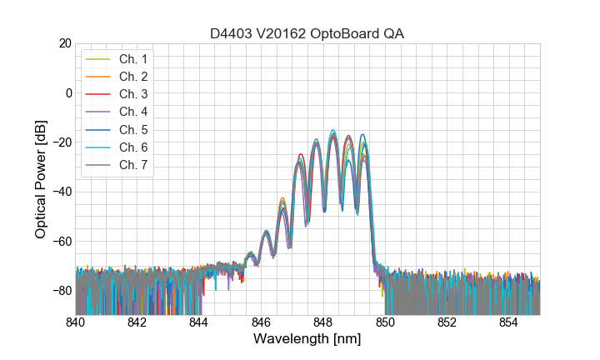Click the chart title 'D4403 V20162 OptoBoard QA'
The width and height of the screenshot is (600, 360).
307,33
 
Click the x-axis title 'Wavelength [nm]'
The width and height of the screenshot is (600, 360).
307,340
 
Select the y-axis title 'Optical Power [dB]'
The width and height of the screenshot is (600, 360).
41,179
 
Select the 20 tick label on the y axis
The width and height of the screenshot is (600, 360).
64,43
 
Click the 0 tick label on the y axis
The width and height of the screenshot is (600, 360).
67,92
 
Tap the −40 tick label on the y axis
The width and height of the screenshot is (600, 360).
61,192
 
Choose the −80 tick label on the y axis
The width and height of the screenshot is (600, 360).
61,291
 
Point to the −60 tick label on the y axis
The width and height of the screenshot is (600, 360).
61,242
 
